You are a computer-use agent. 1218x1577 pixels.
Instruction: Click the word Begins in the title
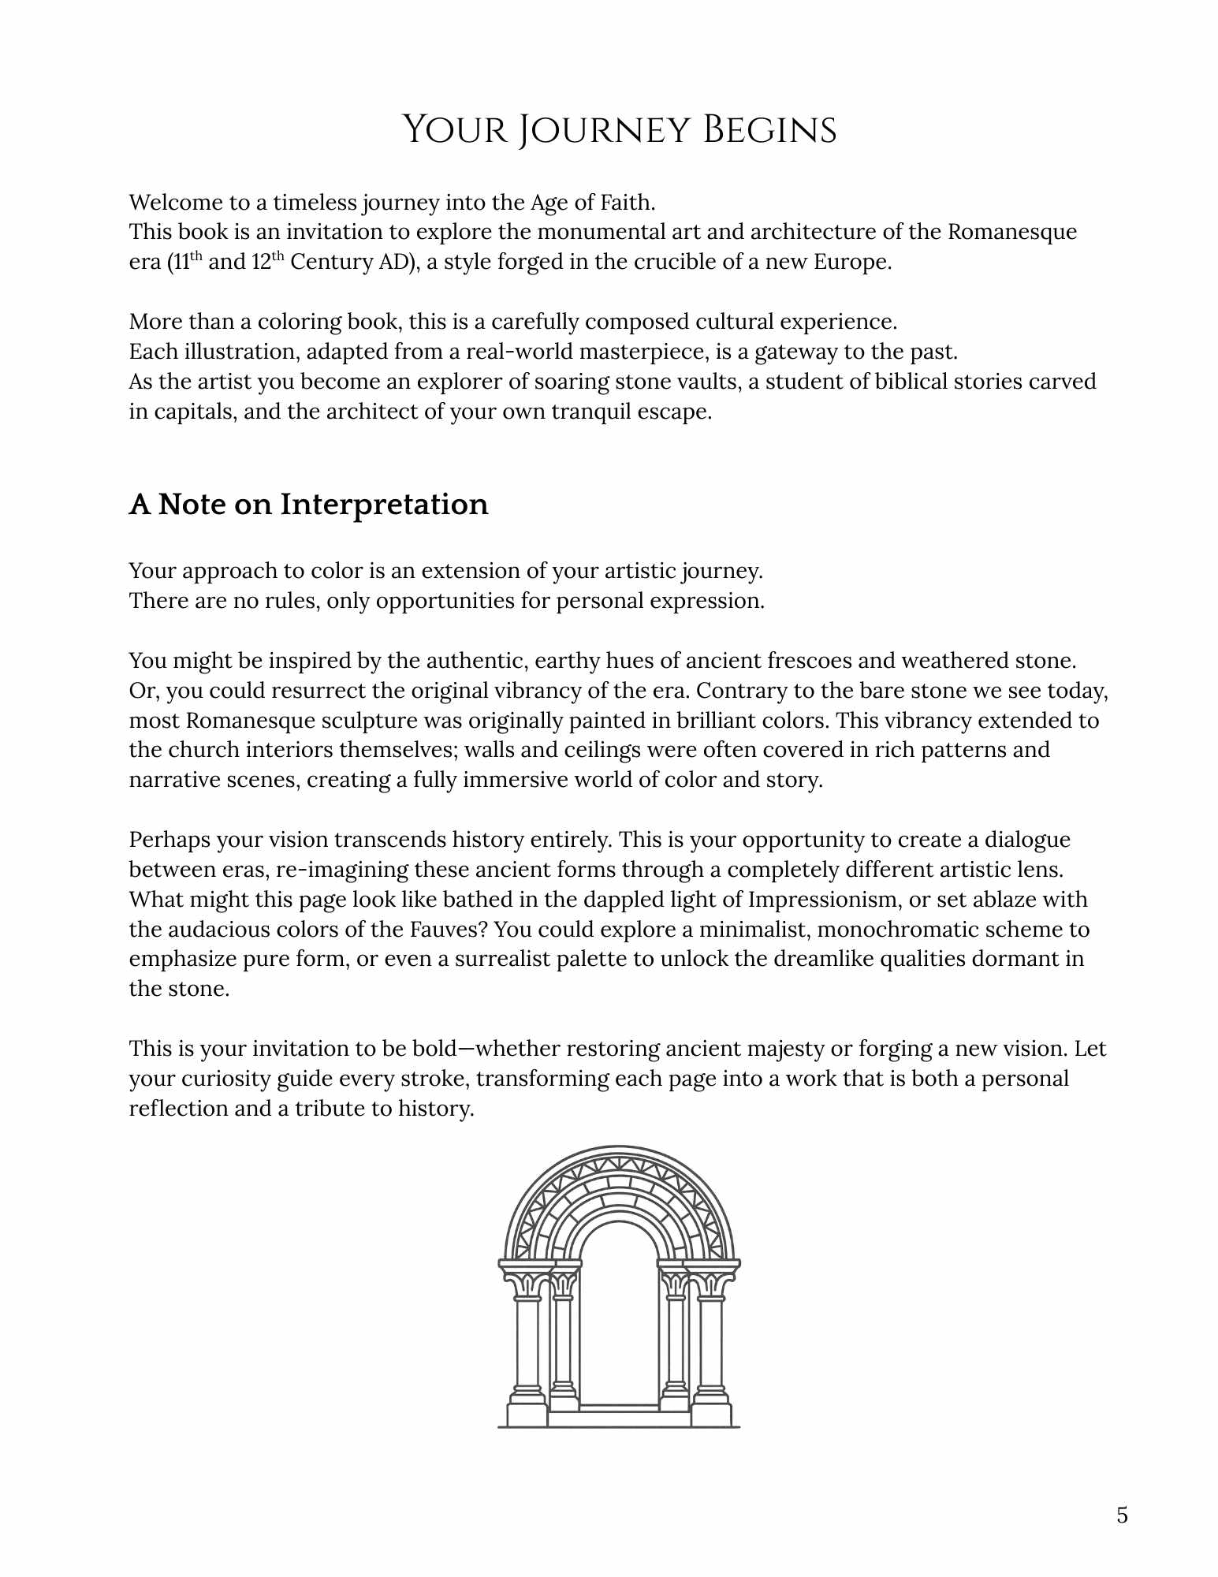tap(769, 130)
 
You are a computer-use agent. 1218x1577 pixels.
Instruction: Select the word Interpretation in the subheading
tap(384, 505)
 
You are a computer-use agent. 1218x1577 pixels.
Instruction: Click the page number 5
tap(1122, 1515)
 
